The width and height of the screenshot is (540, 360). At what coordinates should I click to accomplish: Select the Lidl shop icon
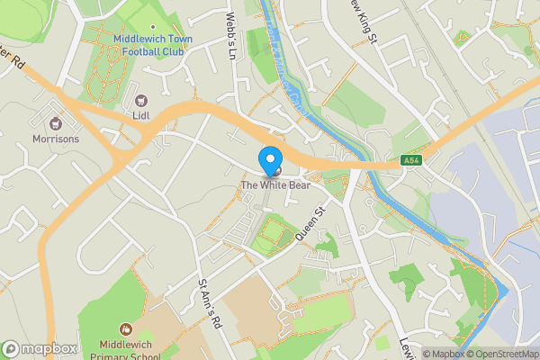pos(139,99)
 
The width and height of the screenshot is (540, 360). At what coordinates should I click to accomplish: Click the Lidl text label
pos(139,114)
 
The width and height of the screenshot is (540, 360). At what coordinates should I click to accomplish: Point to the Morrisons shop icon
pos(56,123)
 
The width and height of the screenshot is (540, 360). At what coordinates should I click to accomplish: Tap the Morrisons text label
pos(56,139)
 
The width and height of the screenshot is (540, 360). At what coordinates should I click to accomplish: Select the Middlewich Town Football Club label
pos(153,45)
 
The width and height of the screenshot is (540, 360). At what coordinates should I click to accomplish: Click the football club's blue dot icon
pos(153,28)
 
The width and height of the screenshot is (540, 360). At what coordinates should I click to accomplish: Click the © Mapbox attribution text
pos(443,354)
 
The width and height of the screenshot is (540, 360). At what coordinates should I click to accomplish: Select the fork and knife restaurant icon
pos(274,171)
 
